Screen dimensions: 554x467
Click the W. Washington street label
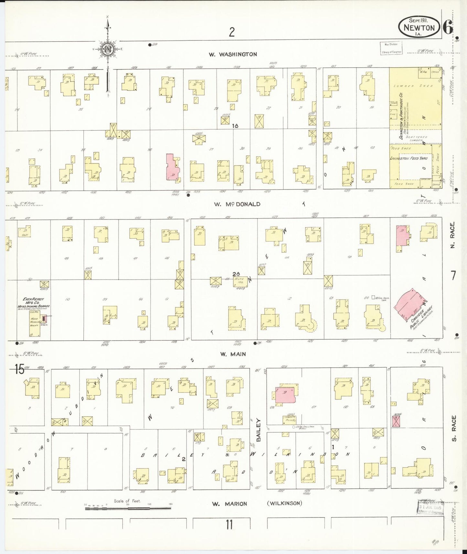pos(233,54)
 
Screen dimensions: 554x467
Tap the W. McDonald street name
pos(237,204)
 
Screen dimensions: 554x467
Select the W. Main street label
pos(233,354)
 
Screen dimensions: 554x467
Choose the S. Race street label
pos(454,429)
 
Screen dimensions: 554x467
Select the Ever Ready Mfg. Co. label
pos(33,301)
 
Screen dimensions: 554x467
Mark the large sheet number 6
pos(447,27)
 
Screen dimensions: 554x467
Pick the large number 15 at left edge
pos(19,369)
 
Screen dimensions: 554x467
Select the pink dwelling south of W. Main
pos(285,394)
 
